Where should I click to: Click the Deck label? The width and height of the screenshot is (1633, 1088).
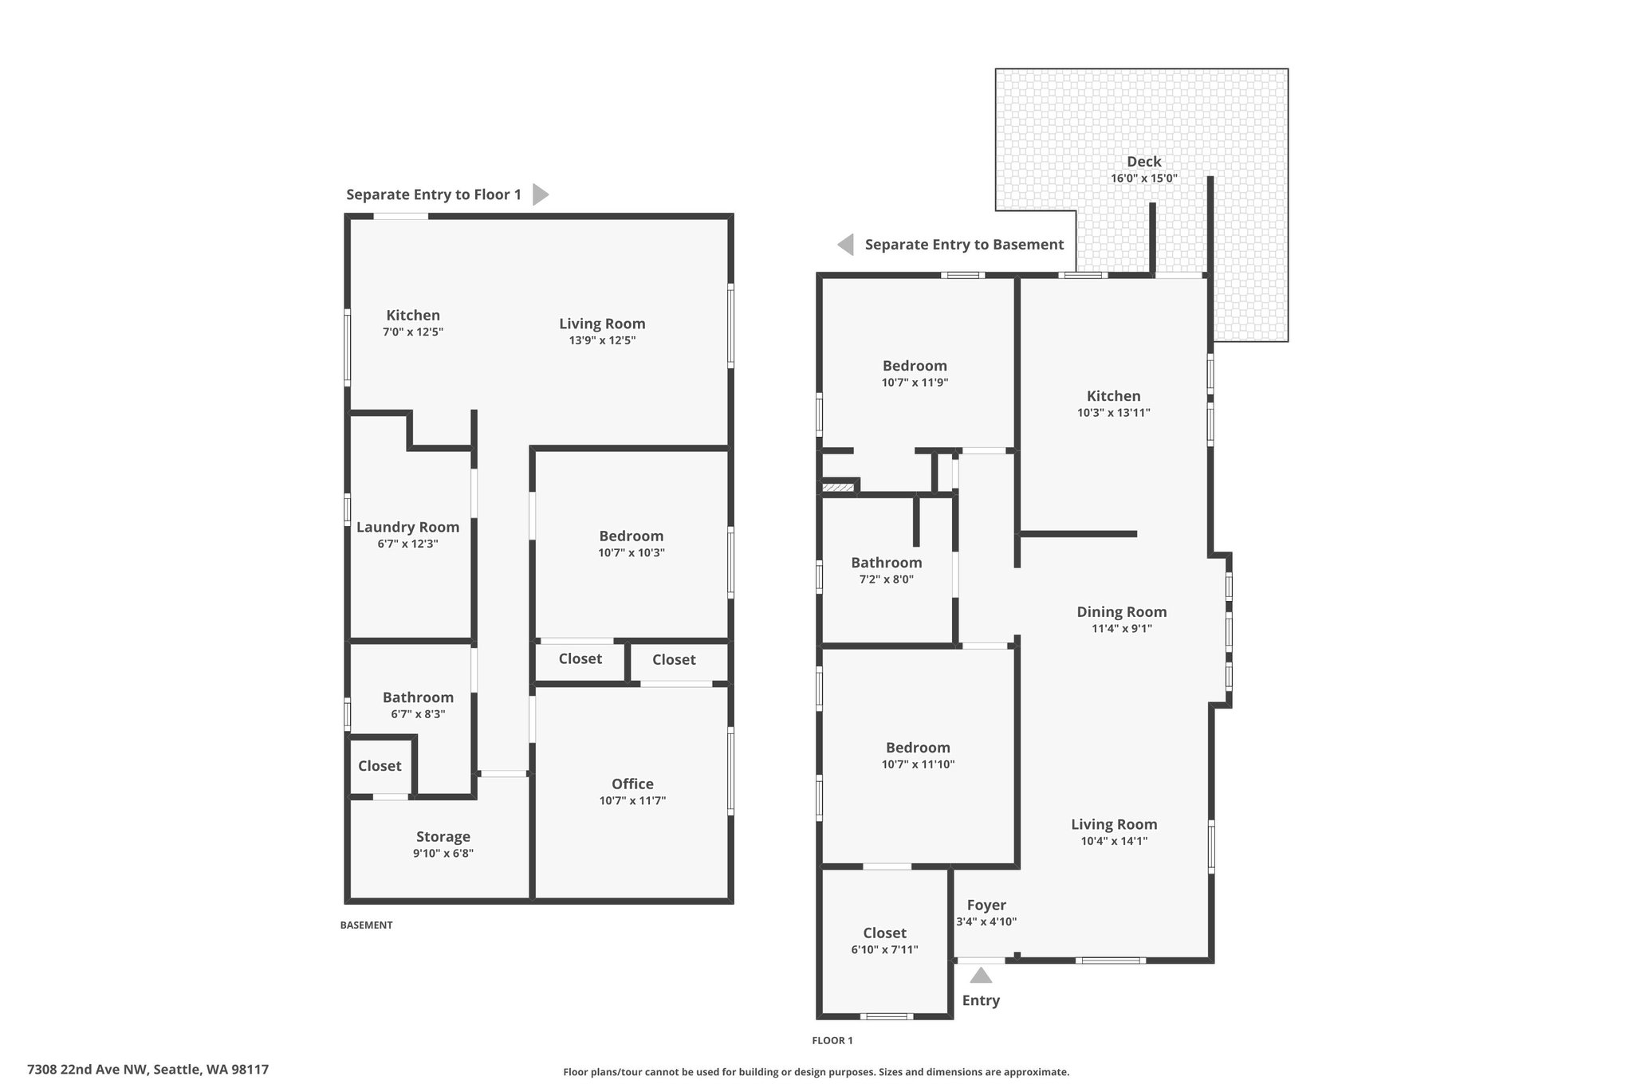point(1143,162)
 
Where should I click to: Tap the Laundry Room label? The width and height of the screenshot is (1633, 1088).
point(407,527)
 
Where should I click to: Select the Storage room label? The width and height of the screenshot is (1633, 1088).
point(443,837)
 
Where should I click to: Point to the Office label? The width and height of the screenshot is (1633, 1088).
point(632,784)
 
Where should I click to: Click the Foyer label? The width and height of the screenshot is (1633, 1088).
point(986,905)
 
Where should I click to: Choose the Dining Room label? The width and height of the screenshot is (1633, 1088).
point(1122,612)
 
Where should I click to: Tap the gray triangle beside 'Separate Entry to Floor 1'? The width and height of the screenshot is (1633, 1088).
point(541,194)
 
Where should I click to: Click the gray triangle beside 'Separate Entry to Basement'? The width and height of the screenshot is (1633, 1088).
point(845,245)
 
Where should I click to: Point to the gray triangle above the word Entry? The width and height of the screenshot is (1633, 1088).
point(981,975)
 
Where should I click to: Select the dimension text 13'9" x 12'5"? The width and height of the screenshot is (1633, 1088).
point(602,340)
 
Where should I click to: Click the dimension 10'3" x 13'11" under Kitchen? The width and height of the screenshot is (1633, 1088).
point(1114,413)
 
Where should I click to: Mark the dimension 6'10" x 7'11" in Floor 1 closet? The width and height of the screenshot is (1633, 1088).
point(885,950)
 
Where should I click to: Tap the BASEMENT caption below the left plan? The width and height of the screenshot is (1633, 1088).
point(367,925)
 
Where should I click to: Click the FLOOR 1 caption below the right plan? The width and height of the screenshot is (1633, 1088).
point(832,1040)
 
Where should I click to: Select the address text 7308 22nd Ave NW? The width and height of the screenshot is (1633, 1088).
point(87,1070)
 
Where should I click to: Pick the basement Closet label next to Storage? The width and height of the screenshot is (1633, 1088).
point(380,766)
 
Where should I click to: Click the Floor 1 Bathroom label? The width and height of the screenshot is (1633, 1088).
point(887,563)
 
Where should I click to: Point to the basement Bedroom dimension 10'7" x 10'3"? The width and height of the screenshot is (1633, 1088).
point(632,553)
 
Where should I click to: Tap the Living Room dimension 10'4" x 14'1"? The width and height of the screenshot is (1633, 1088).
point(1114,841)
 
